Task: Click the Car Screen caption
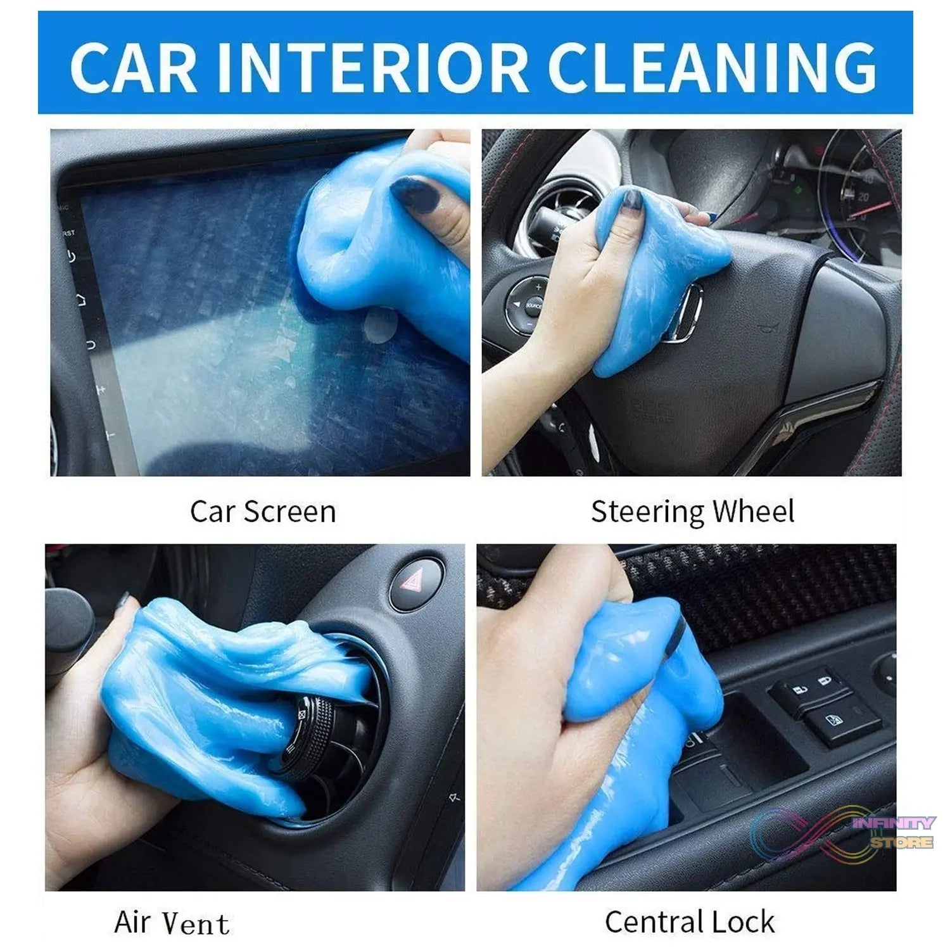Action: click(263, 511)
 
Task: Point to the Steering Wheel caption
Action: click(692, 512)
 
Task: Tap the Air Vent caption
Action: click(172, 923)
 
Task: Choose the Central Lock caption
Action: click(690, 921)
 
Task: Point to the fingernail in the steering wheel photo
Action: click(631, 200)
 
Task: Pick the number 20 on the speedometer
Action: click(862, 196)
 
